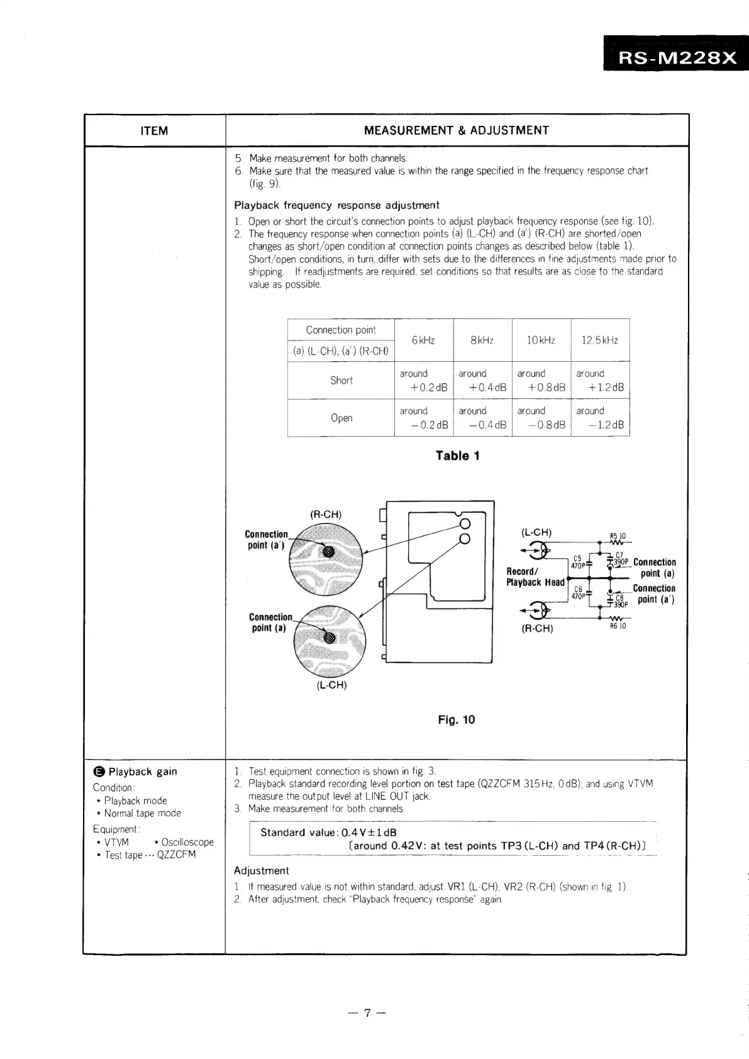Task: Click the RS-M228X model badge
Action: (677, 58)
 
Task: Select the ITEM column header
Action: (154, 131)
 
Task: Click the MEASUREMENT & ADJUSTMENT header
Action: (457, 130)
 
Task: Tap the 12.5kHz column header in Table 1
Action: (599, 340)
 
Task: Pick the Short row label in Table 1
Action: (341, 381)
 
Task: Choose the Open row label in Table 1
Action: (341, 418)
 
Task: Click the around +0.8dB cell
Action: (541, 381)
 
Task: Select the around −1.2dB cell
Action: (600, 418)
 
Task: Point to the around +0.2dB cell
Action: (423, 381)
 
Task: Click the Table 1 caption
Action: (458, 456)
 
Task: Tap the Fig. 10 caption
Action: (457, 720)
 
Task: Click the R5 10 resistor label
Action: (618, 537)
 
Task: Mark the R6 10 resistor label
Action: (618, 626)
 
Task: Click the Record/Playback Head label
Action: (535, 577)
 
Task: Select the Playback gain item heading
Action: (142, 772)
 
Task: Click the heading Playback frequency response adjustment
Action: (336, 205)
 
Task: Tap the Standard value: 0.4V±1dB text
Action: (328, 832)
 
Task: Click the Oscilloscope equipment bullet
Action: (187, 843)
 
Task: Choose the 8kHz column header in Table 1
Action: (482, 340)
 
